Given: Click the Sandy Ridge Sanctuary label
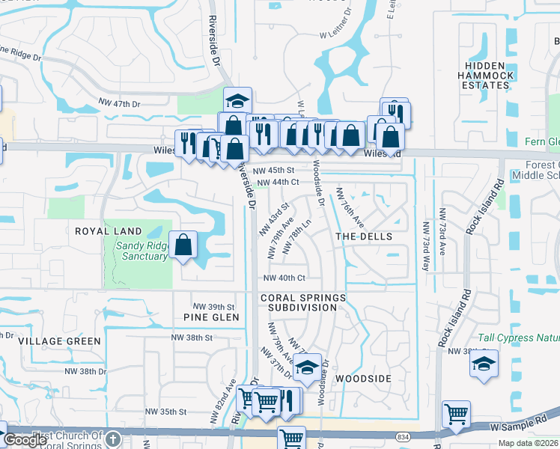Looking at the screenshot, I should (141, 250).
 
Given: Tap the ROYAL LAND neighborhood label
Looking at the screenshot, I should (103, 231).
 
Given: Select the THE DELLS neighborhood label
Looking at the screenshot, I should (363, 236).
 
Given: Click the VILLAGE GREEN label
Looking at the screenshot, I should (59, 341).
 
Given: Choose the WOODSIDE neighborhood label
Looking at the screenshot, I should (363, 379).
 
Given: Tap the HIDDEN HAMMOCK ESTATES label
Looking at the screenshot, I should (485, 76).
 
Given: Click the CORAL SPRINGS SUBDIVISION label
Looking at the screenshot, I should (303, 302).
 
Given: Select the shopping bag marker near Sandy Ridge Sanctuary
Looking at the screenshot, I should (183, 245).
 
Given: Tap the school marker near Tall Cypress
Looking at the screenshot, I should (484, 364).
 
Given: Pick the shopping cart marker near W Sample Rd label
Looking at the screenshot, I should (456, 413).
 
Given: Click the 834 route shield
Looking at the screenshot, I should (424, 435).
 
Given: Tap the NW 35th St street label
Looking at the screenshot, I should (165, 412).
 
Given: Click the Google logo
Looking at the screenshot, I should (25, 440).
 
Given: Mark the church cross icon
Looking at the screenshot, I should (112, 439).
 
